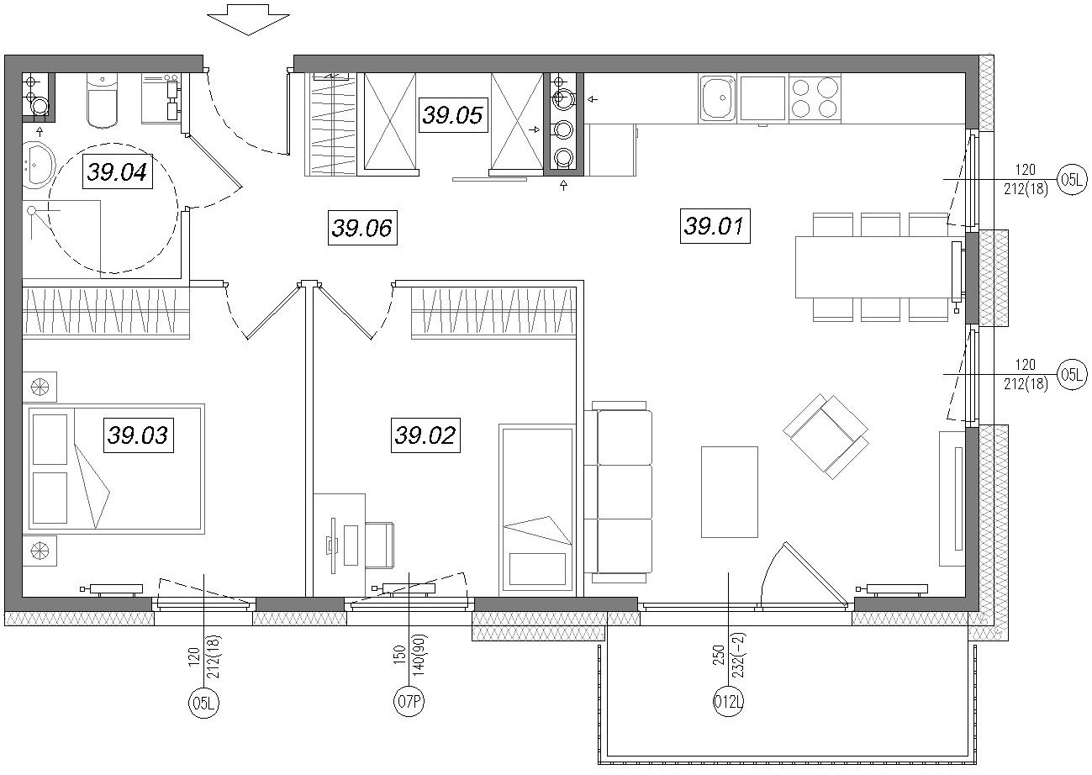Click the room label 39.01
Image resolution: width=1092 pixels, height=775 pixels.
coord(715,225)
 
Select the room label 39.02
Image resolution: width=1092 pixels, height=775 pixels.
coord(425,435)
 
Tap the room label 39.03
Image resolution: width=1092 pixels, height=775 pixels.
coord(139,435)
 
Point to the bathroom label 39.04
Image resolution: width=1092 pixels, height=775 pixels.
coord(118,171)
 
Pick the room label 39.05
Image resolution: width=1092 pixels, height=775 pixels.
coord(453,115)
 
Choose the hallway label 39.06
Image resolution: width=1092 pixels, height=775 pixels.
coord(362,228)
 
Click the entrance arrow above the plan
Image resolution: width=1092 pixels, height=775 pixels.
coord(249,19)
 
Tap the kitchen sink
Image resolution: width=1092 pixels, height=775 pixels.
coord(718,98)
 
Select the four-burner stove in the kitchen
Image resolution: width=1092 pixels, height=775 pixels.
coord(814,98)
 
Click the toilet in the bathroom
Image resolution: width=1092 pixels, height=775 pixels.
coord(103,101)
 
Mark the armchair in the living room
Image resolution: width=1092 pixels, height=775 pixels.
coord(826,435)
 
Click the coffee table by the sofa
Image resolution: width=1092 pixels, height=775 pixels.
coord(730,492)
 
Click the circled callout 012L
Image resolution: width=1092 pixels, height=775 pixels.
coord(728,703)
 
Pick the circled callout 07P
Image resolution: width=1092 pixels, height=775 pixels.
coord(409,702)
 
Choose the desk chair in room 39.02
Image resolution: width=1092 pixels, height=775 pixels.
coord(379,545)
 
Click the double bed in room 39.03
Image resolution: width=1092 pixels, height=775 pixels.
coord(116,468)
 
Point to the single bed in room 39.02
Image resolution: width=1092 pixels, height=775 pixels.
coord(537,510)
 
